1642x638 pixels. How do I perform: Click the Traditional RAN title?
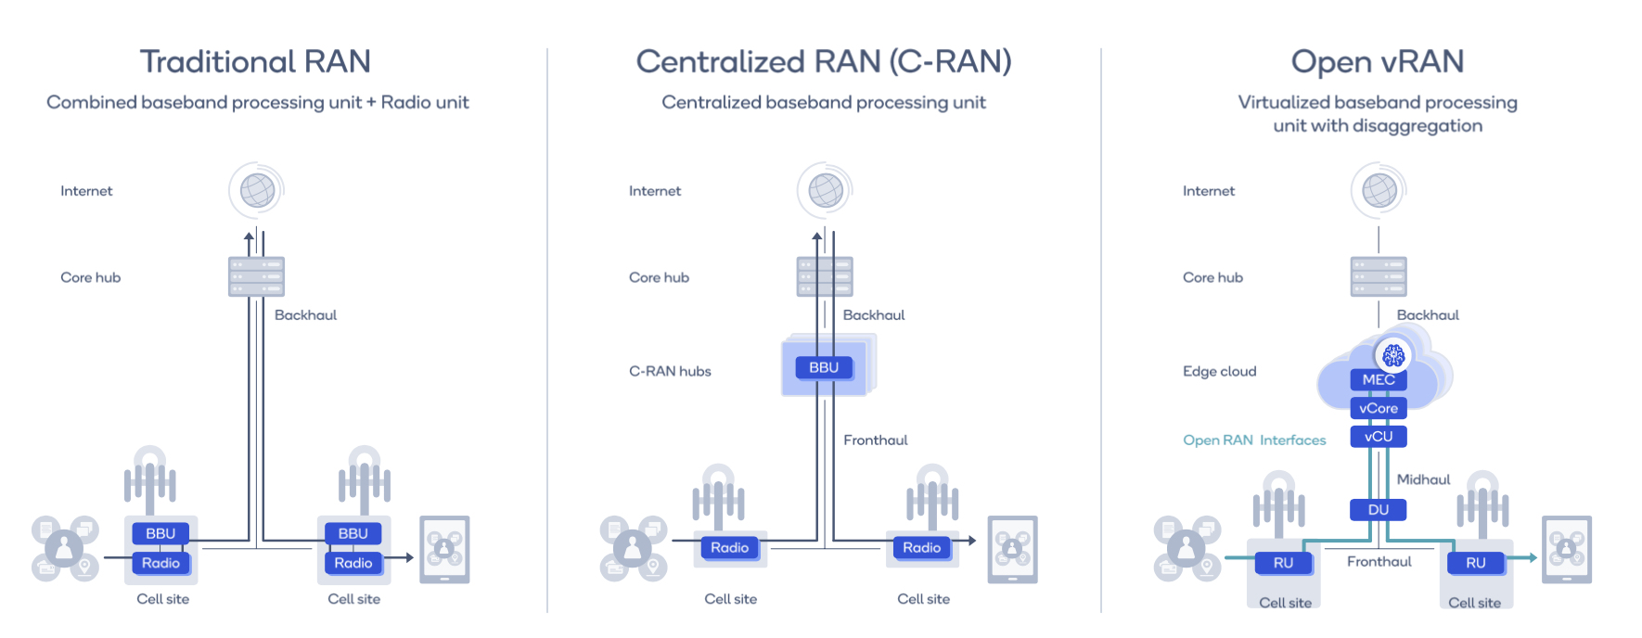[x=255, y=62]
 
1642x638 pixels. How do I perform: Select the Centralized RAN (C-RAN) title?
[x=823, y=62]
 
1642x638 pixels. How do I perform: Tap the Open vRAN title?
[x=1378, y=62]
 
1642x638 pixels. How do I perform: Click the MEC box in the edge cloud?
[x=1379, y=380]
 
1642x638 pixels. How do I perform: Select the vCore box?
[x=1379, y=408]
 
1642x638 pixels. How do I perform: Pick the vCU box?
[x=1379, y=437]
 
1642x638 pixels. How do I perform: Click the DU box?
[x=1379, y=510]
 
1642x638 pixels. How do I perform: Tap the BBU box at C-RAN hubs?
[x=824, y=368]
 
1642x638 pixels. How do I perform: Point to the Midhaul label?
[x=1423, y=479]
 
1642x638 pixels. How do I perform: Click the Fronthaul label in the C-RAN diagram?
[x=875, y=440]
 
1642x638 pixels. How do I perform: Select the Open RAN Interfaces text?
[x=1254, y=440]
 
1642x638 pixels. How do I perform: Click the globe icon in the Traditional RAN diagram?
[x=257, y=191]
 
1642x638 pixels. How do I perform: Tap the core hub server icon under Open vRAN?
[x=1379, y=276]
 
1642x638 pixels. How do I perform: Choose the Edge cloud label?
[x=1219, y=372]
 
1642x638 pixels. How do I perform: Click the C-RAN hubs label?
[x=670, y=372]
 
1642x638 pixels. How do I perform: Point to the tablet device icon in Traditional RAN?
[x=444, y=549]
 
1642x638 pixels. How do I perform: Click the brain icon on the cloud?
[x=1393, y=355]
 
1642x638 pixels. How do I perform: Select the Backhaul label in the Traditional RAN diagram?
[x=305, y=315]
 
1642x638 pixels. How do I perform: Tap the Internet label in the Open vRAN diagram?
[x=1209, y=191]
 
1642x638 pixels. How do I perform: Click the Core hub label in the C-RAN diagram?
[x=659, y=277]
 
